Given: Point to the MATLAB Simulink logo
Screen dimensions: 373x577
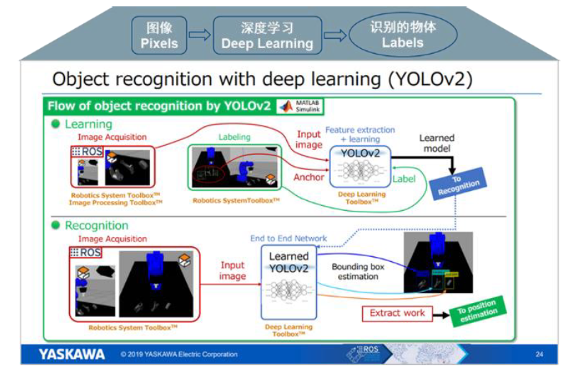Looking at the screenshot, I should (300, 106).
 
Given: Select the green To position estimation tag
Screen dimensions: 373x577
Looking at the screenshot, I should (477, 311).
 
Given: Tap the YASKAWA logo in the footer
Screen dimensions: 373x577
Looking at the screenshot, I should (72, 354).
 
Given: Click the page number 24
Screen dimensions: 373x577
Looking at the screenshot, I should (540, 354).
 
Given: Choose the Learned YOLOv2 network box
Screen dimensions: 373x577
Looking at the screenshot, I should (289, 282).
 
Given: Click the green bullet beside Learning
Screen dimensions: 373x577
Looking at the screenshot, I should (55, 125).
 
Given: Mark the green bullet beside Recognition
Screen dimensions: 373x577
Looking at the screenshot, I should (55, 226).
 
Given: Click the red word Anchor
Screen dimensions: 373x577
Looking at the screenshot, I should (309, 177).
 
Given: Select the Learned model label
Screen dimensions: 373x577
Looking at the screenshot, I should (436, 144).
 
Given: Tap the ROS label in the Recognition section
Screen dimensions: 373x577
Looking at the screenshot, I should (86, 253).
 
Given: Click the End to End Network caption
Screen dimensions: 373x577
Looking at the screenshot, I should (288, 239).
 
